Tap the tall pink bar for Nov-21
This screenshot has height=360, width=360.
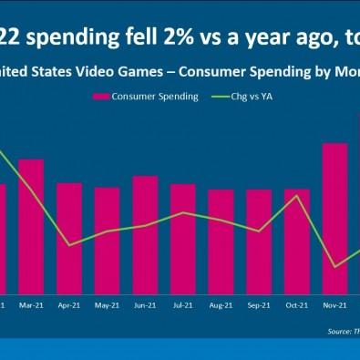click(334, 218)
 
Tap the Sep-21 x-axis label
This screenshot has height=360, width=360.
click(259, 306)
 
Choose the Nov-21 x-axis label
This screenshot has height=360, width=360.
click(334, 306)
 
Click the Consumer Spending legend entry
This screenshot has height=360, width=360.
click(154, 96)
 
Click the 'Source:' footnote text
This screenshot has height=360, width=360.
click(340, 333)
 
